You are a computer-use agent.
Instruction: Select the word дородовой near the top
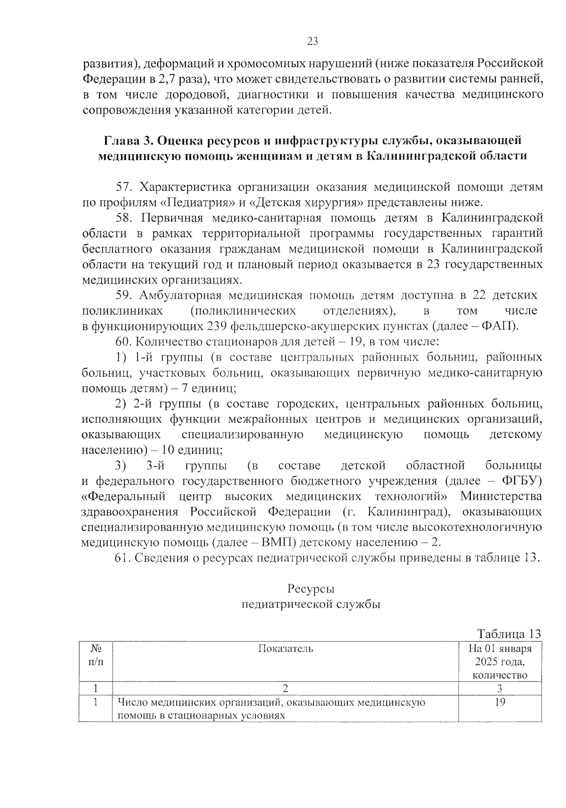[195, 94]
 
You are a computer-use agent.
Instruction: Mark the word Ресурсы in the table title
[311, 589]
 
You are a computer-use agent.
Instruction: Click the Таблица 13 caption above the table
[509, 633]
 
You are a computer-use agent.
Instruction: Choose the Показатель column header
[285, 648]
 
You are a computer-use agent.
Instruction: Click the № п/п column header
[96, 655]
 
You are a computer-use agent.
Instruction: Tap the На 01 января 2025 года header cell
[500, 661]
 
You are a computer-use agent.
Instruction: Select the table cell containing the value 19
[500, 702]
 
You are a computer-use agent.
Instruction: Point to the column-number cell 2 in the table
[285, 688]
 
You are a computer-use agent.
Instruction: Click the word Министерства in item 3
[501, 497]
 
